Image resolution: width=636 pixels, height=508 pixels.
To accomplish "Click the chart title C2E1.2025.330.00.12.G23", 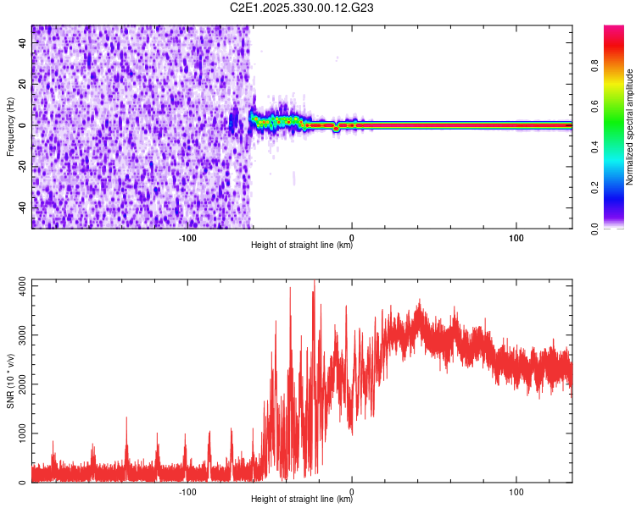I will (x=303, y=8).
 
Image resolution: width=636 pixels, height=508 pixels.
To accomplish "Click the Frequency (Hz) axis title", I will (x=10, y=127).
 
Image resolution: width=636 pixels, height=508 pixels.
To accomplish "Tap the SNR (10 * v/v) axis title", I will (x=10, y=381).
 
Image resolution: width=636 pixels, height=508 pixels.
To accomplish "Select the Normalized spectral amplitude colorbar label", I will (x=630, y=127).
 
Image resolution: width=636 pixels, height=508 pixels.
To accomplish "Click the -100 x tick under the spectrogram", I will (x=187, y=238).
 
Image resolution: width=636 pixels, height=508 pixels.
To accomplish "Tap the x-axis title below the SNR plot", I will (x=302, y=500).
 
